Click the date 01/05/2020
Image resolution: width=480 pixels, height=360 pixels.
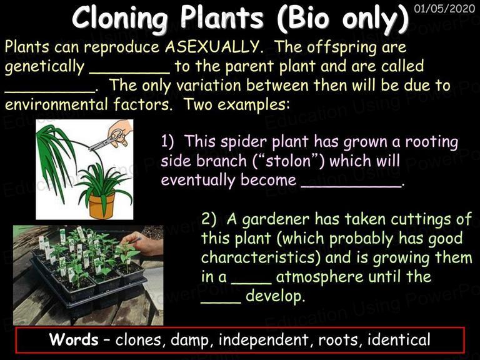click(444, 8)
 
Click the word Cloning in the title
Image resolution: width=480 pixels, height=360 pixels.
click(120, 18)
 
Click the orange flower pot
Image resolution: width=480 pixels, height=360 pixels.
click(102, 205)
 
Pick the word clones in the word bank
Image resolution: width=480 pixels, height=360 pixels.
click(138, 340)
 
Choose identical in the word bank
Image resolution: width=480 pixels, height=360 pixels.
click(399, 339)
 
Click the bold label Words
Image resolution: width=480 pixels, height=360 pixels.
click(74, 339)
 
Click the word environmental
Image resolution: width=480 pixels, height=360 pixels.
click(56, 105)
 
